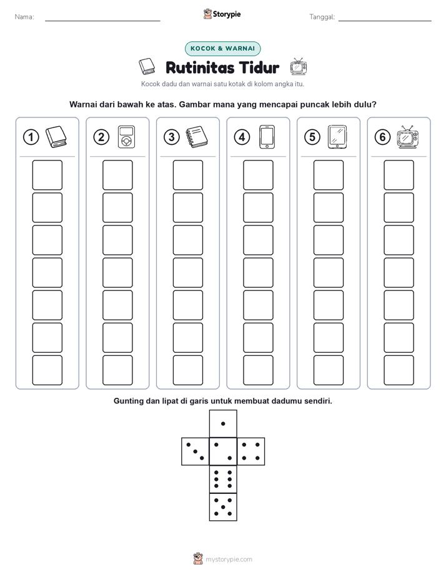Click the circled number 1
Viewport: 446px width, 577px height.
pos(31,137)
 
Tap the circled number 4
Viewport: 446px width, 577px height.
pos(242,137)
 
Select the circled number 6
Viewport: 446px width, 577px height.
pos(382,137)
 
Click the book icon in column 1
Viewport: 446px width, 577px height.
pos(56,137)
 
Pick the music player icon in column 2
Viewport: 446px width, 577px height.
pos(126,137)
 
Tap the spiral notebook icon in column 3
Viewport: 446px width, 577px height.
pos(197,137)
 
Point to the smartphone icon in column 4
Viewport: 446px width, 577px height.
pos(267,137)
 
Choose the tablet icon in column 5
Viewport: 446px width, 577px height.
pos(337,137)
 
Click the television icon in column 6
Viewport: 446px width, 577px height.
pos(408,137)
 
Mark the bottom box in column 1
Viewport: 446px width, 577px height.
pos(47,370)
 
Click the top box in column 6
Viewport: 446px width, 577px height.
pos(399,175)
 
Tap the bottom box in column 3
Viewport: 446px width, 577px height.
pos(187,370)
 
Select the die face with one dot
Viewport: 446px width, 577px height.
pos(223,423)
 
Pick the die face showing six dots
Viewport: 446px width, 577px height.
pos(223,479)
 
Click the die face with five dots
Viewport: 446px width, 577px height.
pos(223,507)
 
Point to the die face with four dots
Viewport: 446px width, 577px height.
pos(251,451)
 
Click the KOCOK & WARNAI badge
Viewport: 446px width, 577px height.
pos(222,49)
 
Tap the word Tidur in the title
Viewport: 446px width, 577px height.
pos(259,67)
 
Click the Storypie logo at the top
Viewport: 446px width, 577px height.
pos(222,14)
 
